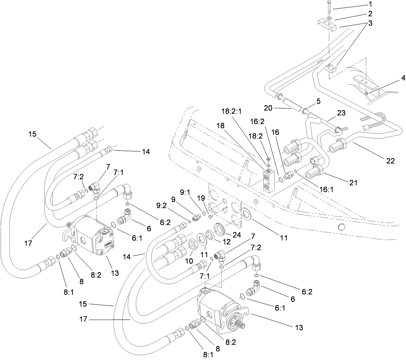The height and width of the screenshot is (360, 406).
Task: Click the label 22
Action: point(390,161)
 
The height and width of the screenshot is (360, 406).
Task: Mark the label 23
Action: point(341,114)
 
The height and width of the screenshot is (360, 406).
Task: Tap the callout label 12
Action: point(219,242)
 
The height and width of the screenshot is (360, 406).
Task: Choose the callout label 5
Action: point(318,101)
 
